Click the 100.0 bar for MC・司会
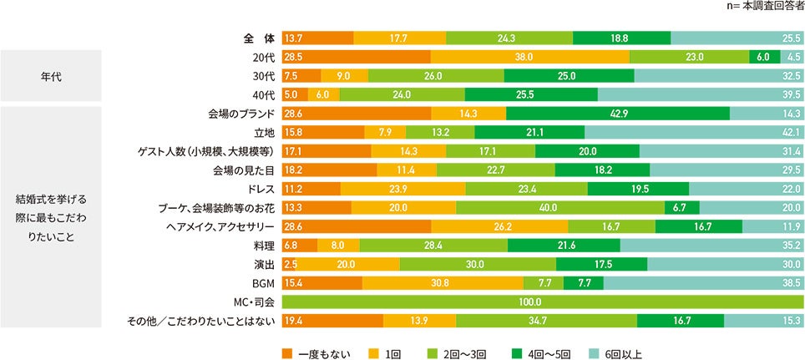tap(543, 302)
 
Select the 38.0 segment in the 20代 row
tap(529, 57)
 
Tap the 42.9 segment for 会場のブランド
tap(617, 114)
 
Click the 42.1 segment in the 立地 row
tap(693, 132)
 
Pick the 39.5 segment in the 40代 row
tap(700, 94)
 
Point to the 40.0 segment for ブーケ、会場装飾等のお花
tap(559, 207)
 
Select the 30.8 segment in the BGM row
tap(442, 283)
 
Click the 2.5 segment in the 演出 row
tap(289, 264)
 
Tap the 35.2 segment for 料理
tap(711, 245)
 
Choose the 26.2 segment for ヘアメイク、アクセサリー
tap(499, 226)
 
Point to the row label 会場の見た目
tap(241, 170)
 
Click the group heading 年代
tap(50, 76)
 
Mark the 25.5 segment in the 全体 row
tap(737, 38)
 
